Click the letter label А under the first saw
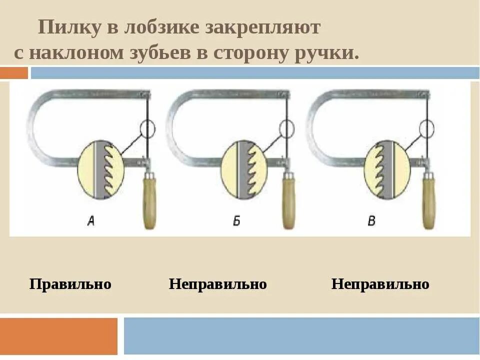(90, 221)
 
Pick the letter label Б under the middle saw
(236, 221)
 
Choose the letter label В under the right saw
(371, 221)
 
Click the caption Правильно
(70, 284)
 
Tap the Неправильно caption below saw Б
(217, 284)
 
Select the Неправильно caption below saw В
(380, 284)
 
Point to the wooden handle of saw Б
(288, 202)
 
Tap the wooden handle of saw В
(428, 202)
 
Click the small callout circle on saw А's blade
(148, 129)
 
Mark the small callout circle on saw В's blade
(426, 128)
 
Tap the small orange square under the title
(14, 73)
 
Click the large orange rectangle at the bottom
(59, 336)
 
